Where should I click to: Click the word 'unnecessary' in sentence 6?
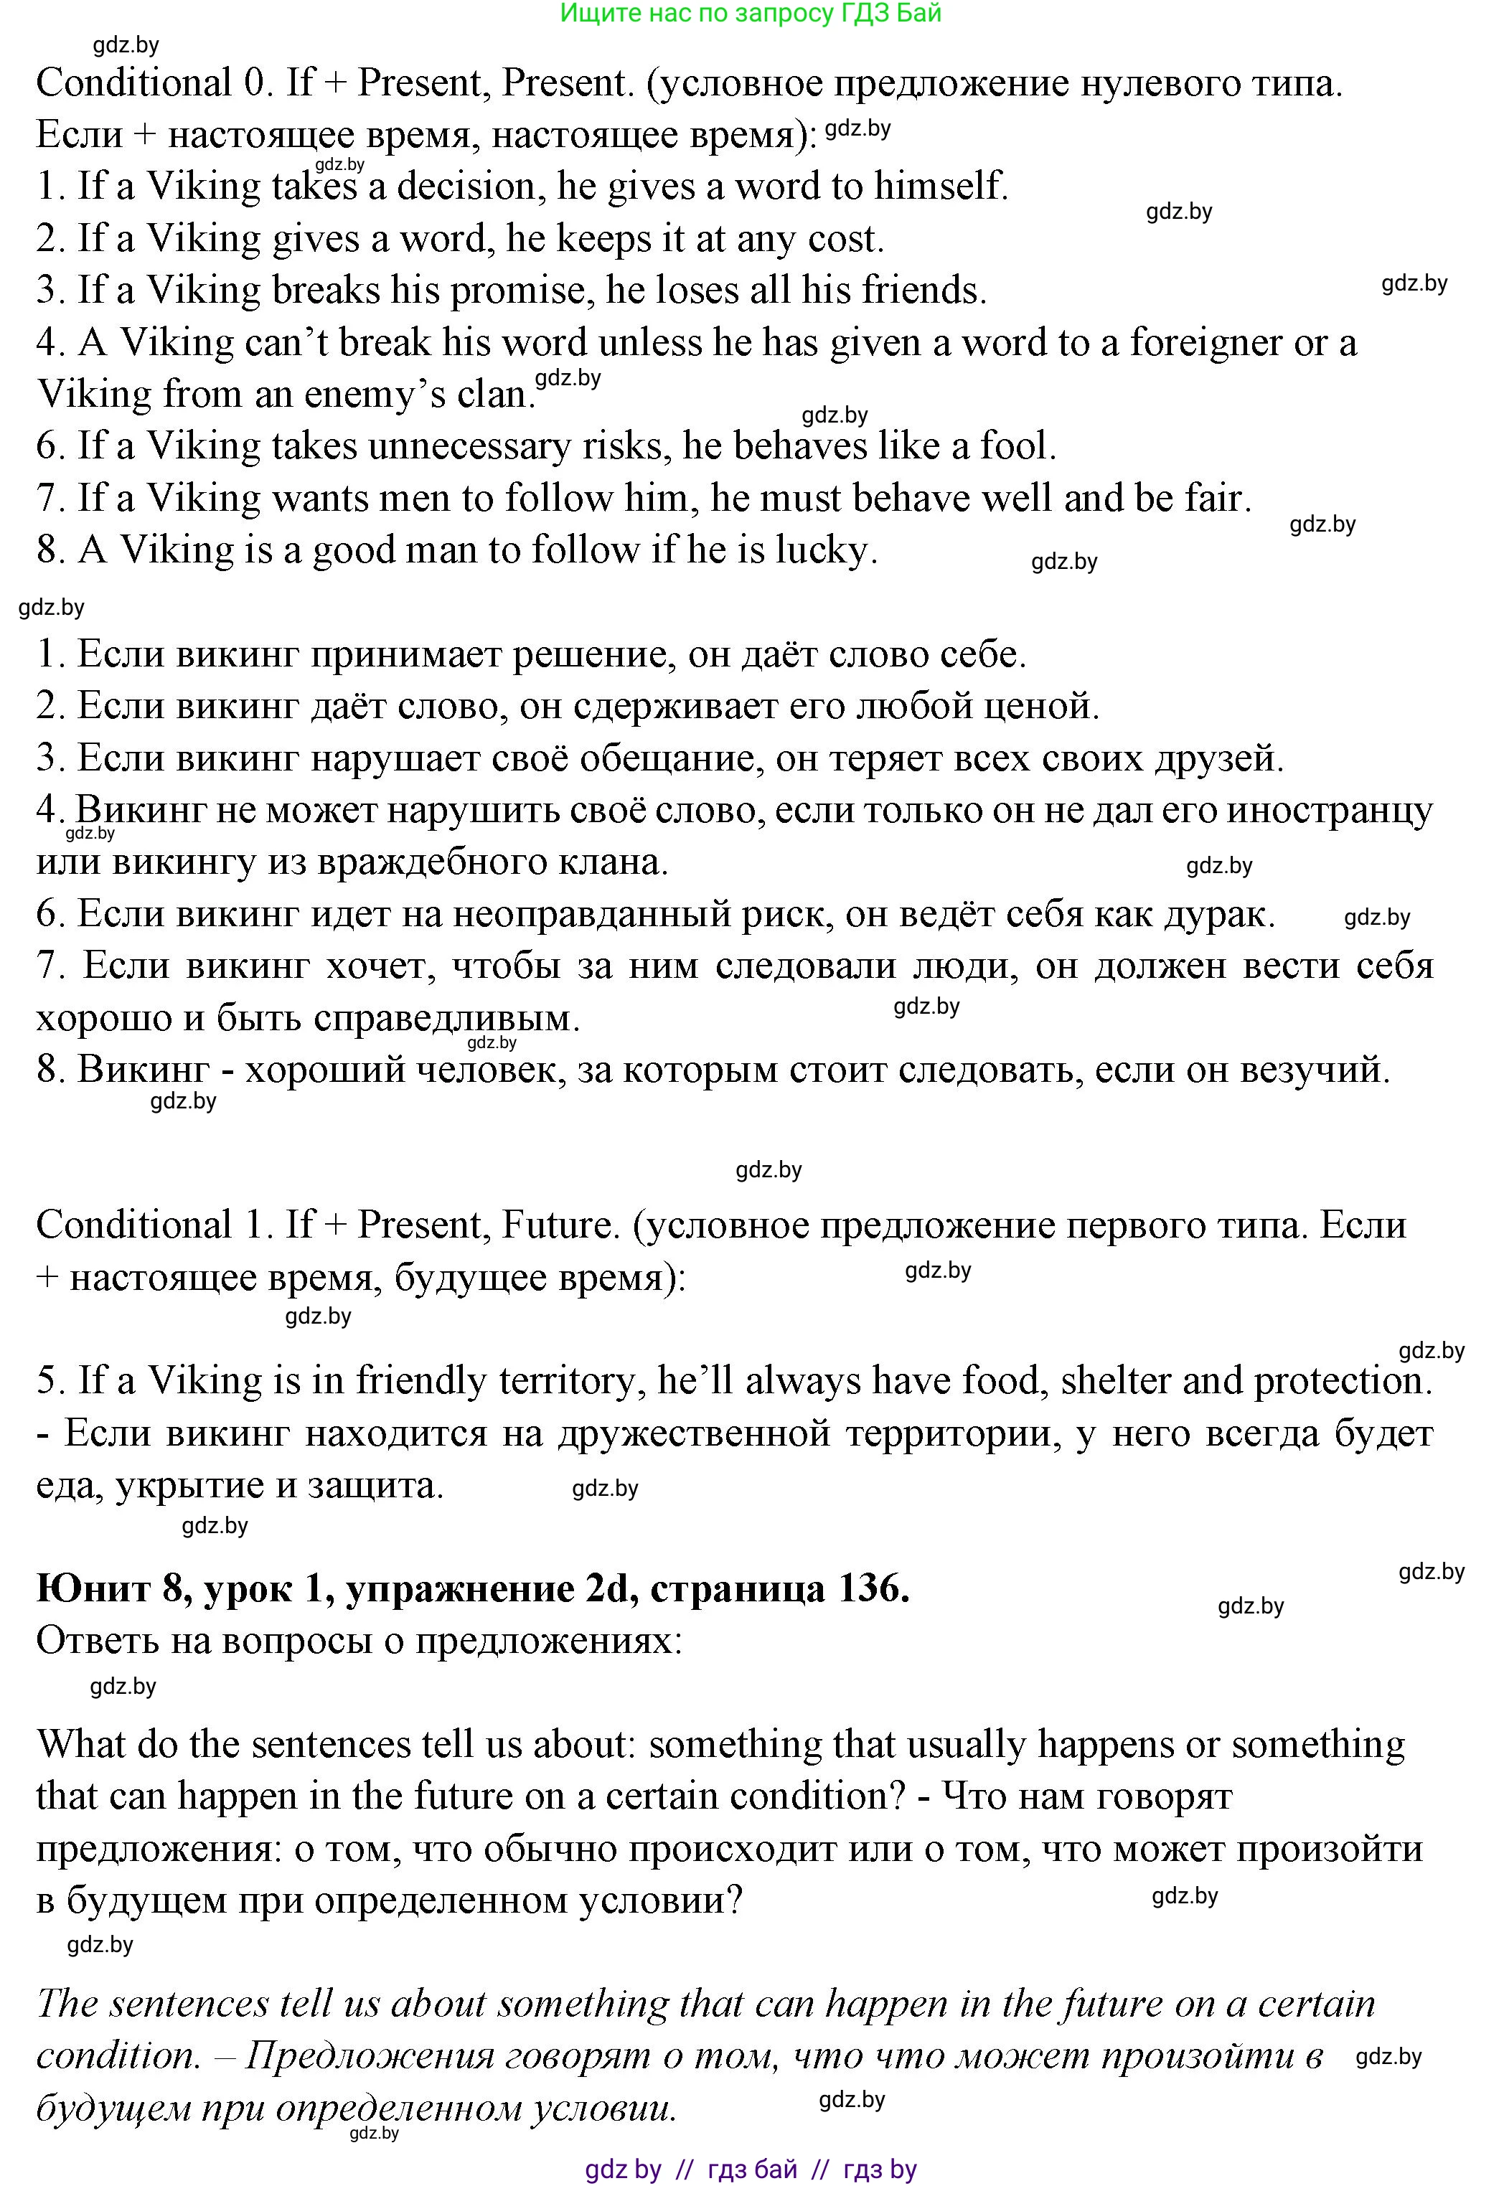pos(469,447)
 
